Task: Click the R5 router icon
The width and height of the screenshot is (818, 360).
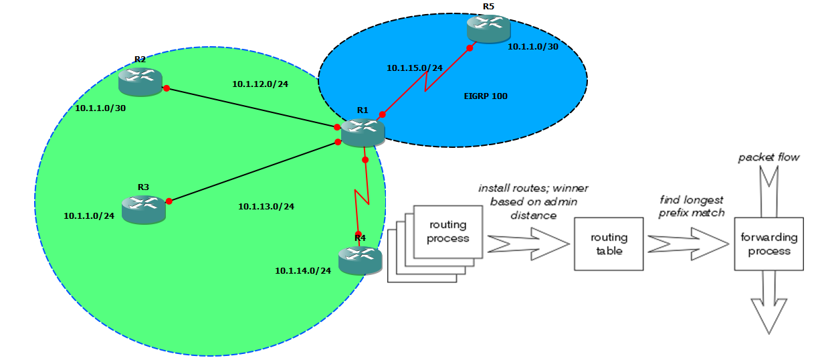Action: (488, 28)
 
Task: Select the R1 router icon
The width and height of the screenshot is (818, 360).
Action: (363, 132)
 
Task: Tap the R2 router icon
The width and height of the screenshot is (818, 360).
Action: (140, 81)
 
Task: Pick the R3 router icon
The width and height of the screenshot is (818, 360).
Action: (143, 209)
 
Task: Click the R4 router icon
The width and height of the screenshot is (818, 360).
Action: (360, 260)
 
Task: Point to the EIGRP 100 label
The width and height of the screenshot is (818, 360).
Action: (486, 96)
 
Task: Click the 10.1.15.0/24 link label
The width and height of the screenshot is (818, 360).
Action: (415, 68)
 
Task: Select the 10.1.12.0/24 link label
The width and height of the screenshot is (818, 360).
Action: (260, 84)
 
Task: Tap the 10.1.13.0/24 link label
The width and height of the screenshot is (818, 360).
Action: (266, 206)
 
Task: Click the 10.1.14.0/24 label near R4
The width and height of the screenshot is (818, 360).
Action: (303, 270)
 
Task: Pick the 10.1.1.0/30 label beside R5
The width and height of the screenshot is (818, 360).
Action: (533, 47)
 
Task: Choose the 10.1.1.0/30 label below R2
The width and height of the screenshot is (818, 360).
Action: (100, 108)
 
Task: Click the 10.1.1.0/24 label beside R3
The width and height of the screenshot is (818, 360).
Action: (89, 216)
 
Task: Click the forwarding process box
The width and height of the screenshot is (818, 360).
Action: (768, 244)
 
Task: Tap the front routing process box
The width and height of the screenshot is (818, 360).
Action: (447, 232)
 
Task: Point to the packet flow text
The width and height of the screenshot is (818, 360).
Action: (769, 158)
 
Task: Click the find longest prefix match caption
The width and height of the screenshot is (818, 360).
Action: (692, 206)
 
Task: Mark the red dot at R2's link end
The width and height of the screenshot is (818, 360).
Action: (165, 88)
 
